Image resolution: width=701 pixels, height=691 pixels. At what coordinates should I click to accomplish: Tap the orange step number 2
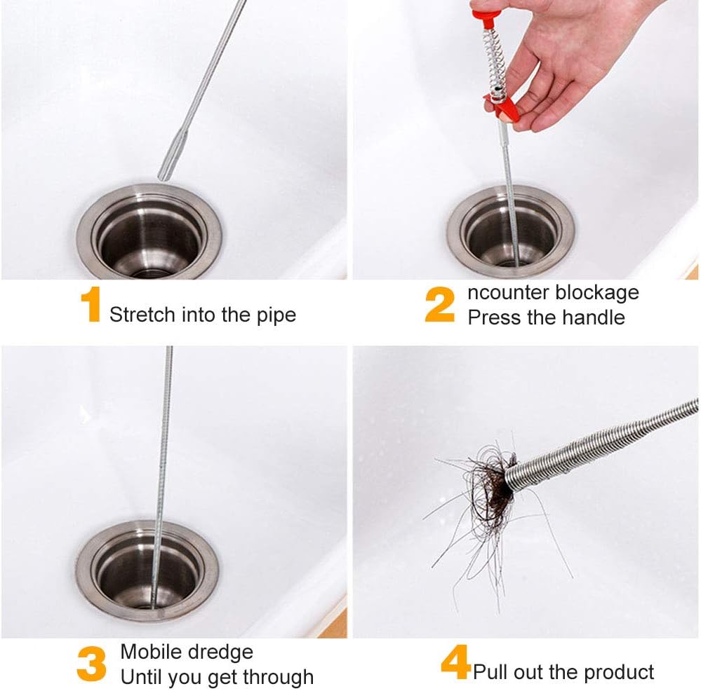pos(440,304)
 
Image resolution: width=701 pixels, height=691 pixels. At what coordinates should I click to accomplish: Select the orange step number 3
pos(92,664)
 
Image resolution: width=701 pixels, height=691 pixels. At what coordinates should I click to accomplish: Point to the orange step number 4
pos(455,662)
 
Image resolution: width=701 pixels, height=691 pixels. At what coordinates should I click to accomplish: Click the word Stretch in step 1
pos(142,315)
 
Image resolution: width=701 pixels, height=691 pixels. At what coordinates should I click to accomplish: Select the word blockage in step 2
pos(597,294)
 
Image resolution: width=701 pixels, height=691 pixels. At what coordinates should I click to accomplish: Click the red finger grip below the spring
pos(503,107)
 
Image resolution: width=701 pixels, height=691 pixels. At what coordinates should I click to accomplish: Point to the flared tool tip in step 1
pos(172,155)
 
